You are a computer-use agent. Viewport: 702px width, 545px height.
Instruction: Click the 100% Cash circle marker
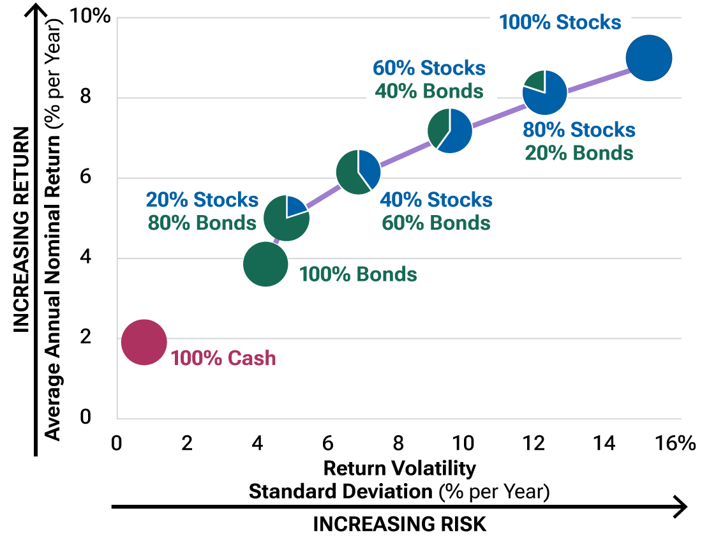tap(144, 342)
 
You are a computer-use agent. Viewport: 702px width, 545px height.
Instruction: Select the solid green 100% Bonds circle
tap(265, 264)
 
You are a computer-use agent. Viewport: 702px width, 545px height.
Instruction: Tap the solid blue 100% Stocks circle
tap(648, 59)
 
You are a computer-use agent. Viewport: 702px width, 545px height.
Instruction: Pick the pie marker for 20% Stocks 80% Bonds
tap(286, 218)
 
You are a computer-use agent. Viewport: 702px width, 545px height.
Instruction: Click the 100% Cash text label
tap(223, 358)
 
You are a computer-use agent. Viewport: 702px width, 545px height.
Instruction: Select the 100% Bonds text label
tap(358, 274)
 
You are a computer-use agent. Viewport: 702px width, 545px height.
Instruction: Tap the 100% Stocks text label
tap(560, 22)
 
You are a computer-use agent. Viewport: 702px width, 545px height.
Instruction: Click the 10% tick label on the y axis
tap(93, 15)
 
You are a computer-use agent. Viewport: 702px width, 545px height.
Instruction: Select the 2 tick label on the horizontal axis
tap(186, 443)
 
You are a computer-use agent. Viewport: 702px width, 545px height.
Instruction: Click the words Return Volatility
tap(400, 468)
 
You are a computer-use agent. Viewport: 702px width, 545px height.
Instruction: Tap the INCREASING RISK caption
tap(400, 524)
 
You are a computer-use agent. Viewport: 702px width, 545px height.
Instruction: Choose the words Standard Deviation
tap(341, 491)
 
